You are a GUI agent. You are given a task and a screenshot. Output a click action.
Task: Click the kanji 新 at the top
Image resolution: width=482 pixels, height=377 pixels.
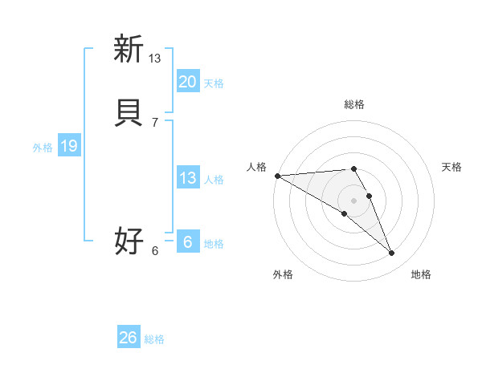128,49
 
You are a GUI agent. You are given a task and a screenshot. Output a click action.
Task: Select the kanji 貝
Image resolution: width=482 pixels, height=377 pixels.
128,113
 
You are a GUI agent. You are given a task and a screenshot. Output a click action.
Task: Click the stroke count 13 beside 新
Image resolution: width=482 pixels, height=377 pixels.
155,58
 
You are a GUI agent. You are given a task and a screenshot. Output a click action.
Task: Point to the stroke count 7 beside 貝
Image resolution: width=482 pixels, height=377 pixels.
155,122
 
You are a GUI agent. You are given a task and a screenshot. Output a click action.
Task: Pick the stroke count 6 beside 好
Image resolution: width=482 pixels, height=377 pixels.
155,250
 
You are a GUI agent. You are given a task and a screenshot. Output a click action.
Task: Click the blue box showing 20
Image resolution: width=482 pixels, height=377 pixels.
187,82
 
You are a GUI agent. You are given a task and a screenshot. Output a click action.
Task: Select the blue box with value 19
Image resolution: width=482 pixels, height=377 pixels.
68,146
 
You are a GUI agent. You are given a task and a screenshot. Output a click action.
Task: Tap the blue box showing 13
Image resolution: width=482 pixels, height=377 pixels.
187,178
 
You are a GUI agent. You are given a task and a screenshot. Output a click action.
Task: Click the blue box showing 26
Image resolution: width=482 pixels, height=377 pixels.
128,338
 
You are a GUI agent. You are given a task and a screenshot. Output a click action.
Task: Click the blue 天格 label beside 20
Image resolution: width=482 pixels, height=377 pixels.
214,83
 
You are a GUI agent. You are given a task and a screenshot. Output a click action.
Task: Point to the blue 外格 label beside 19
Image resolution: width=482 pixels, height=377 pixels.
43,148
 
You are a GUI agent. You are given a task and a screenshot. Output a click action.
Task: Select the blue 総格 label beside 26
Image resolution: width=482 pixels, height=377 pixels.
154,339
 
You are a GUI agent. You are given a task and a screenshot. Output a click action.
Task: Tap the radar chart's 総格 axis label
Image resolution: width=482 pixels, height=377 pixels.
353,104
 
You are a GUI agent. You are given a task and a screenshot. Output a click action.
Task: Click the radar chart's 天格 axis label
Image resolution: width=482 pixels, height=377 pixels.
451,167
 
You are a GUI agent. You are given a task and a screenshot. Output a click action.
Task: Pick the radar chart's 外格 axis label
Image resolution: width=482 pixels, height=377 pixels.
283,275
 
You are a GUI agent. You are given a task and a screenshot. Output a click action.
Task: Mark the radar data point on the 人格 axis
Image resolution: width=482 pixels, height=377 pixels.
277,176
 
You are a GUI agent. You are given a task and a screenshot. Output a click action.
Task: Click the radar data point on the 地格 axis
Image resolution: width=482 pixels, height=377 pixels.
392,253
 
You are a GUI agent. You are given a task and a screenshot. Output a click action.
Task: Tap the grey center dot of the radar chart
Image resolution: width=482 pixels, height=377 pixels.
353,200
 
